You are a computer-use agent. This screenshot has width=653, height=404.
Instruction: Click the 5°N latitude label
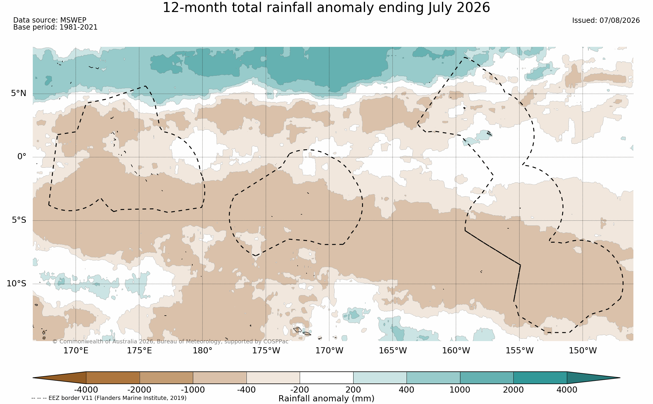pyautogui.click(x=19, y=93)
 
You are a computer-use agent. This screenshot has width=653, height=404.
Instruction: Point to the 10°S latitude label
pyautogui.click(x=16, y=283)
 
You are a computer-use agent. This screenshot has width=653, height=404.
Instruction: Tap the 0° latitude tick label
pyautogui.click(x=22, y=157)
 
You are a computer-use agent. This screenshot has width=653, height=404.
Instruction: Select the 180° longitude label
pyautogui.click(x=202, y=350)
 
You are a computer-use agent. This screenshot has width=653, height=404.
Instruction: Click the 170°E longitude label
pyautogui.click(x=76, y=350)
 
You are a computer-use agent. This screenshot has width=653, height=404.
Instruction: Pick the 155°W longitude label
pyautogui.click(x=520, y=350)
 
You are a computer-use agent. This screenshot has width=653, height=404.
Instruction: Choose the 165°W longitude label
pyautogui.click(x=393, y=350)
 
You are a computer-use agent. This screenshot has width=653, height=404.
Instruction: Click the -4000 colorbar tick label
pyautogui.click(x=86, y=390)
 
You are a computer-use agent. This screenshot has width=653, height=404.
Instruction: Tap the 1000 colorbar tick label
pyautogui.click(x=460, y=390)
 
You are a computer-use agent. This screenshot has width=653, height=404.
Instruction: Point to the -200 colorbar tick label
pyautogui.click(x=300, y=390)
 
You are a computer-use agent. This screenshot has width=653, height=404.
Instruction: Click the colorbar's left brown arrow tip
pyautogui.click(x=33, y=378)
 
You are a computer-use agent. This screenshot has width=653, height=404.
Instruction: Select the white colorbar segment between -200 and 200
pyautogui.click(x=326, y=378)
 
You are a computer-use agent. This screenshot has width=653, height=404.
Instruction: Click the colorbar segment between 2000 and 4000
pyautogui.click(x=540, y=378)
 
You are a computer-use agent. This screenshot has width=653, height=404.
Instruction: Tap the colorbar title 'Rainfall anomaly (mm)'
pyautogui.click(x=326, y=399)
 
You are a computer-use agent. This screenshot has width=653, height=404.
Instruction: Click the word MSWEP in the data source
pyautogui.click(x=73, y=20)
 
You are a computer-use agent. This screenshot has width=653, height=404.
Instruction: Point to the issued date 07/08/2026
pyautogui.click(x=620, y=20)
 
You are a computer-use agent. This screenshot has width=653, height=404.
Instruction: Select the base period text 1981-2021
pyautogui.click(x=78, y=27)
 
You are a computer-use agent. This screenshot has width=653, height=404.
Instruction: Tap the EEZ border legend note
pyautogui.click(x=109, y=398)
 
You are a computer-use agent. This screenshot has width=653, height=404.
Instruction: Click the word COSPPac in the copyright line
pyautogui.click(x=276, y=342)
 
